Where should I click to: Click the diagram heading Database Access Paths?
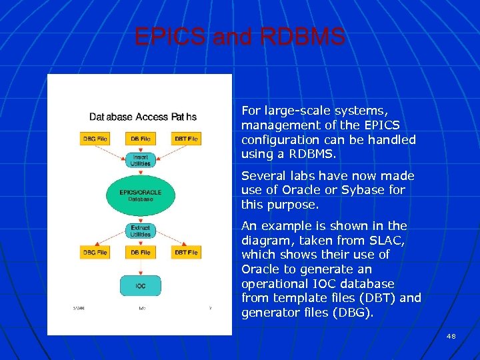tap(143, 117)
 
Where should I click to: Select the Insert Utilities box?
tap(140, 159)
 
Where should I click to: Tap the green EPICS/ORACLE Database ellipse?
tap(140, 195)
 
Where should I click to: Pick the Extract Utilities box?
tap(140, 231)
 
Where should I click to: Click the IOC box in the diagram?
tap(140, 286)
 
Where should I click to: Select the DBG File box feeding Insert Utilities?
tap(95, 139)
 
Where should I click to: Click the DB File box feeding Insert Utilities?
tap(140, 139)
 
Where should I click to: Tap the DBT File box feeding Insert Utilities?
tap(186, 139)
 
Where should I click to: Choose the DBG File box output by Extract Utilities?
tap(95, 253)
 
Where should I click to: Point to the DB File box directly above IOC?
tap(140, 253)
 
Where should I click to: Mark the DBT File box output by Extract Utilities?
tap(186, 253)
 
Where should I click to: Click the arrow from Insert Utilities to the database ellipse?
tap(140, 172)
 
